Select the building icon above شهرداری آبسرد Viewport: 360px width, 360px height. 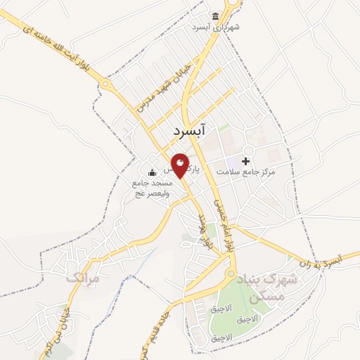coord(215,17)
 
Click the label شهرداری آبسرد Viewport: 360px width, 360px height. coord(216,27)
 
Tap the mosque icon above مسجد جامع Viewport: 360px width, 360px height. coord(151,173)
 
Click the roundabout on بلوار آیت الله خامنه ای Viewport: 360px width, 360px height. coord(105,84)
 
